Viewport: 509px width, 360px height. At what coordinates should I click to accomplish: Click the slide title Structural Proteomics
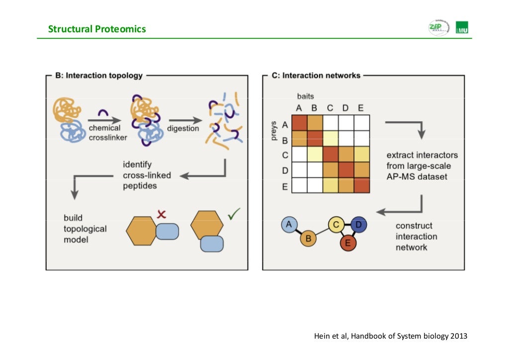click(x=97, y=29)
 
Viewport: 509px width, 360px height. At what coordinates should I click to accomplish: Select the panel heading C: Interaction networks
click(x=316, y=76)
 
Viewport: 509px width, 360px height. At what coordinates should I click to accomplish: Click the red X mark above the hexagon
click(x=161, y=214)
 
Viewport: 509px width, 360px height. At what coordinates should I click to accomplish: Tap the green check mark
click(x=233, y=214)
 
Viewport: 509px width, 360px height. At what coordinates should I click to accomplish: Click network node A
click(x=289, y=224)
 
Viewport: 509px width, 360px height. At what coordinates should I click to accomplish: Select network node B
click(x=308, y=239)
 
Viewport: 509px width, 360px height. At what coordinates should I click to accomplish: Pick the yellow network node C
click(x=336, y=225)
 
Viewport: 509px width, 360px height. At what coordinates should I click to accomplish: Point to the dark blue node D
click(x=358, y=225)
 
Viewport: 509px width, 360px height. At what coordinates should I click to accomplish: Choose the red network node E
click(x=347, y=243)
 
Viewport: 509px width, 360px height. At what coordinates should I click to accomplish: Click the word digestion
click(x=183, y=128)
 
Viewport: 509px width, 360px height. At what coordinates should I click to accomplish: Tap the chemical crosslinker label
click(x=107, y=133)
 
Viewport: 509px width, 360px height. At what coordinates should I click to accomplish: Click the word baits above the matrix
click(x=306, y=96)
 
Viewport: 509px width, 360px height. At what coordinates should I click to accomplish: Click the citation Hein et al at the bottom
click(x=391, y=336)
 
